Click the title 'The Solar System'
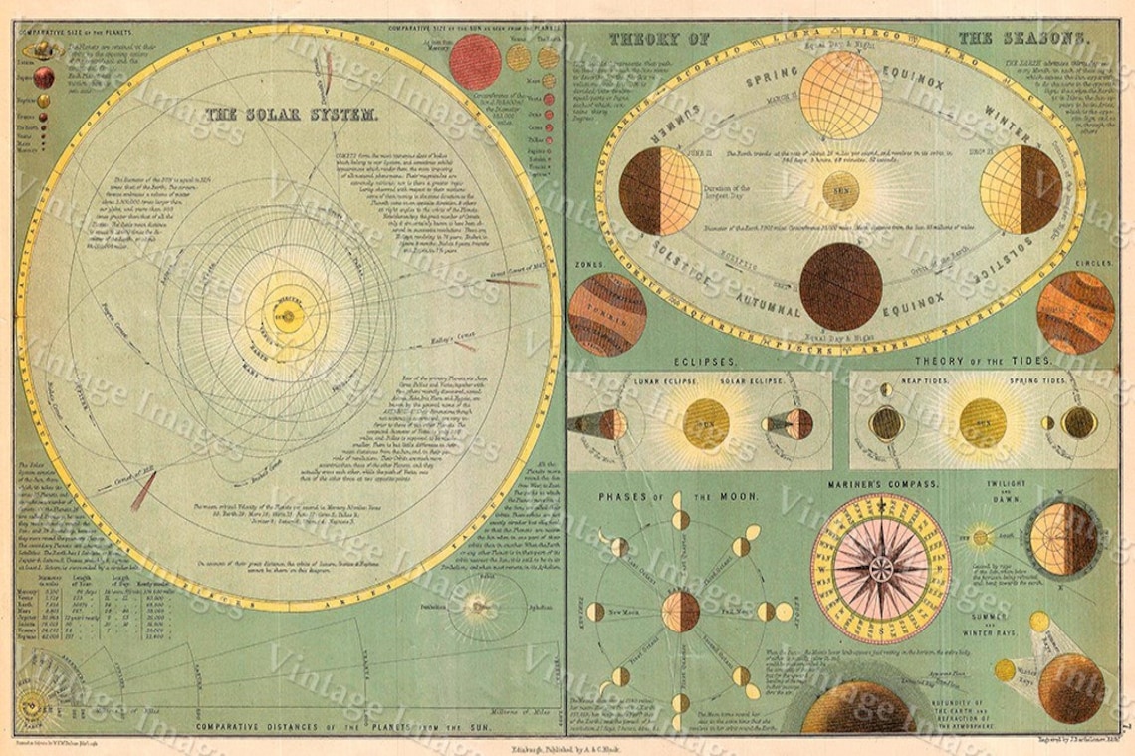point(291,115)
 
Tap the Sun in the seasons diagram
point(840,190)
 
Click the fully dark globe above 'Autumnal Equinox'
point(840,286)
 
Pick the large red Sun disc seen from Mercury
point(474,62)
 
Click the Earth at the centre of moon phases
point(681,611)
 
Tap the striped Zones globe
point(601,314)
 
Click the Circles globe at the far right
point(1075,313)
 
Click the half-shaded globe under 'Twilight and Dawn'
point(1062,539)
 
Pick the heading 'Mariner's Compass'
point(882,484)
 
